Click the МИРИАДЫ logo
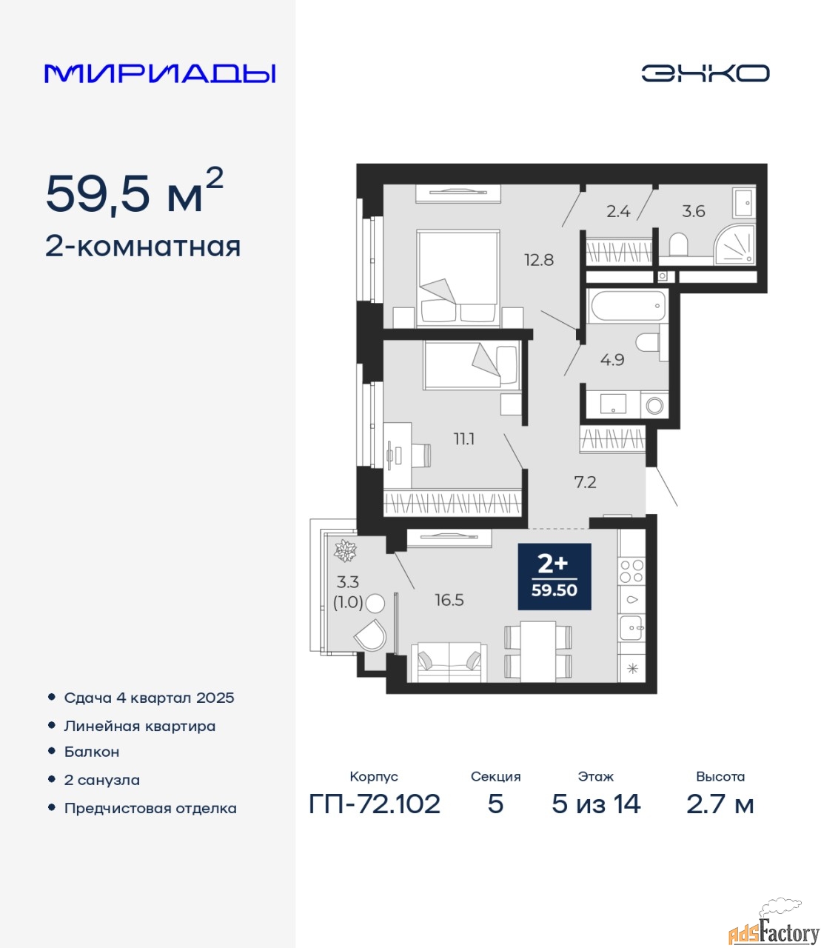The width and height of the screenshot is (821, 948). pyautogui.click(x=160, y=73)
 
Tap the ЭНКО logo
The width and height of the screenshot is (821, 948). pyautogui.click(x=705, y=73)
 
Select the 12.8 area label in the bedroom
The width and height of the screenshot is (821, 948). pyautogui.click(x=539, y=260)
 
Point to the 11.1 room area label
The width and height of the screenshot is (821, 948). pyautogui.click(x=464, y=439)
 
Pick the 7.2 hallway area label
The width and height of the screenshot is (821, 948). pyautogui.click(x=586, y=482)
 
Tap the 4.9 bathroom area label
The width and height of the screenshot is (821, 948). pyautogui.click(x=612, y=359)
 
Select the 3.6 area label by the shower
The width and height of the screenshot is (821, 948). pyautogui.click(x=693, y=211)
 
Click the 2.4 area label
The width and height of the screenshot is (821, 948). pyautogui.click(x=618, y=211)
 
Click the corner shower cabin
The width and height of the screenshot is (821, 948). pyautogui.click(x=734, y=244)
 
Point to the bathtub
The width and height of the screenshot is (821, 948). pyautogui.click(x=626, y=305)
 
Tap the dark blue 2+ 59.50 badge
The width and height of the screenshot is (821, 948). pyautogui.click(x=554, y=576)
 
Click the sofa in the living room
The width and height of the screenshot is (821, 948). pyautogui.click(x=449, y=662)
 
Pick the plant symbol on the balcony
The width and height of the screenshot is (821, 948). pyautogui.click(x=346, y=551)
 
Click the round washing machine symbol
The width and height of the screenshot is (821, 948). pyautogui.click(x=654, y=405)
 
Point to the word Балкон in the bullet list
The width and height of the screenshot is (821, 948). pyautogui.click(x=92, y=752)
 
